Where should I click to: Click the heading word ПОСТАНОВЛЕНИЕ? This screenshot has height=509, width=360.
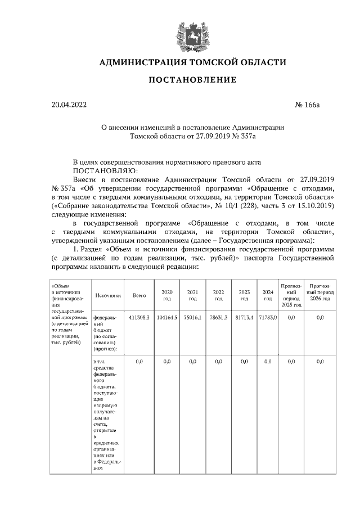point(192,80)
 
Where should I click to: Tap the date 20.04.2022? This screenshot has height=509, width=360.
point(66,105)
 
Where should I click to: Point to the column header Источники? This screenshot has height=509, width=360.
point(108,295)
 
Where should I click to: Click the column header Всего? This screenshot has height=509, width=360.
point(139,295)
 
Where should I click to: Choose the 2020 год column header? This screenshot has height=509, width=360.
point(166,295)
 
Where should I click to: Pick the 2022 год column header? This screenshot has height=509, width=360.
point(218,295)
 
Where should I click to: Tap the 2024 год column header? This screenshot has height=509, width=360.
point(268,295)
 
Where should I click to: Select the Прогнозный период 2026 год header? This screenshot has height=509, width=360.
point(320,295)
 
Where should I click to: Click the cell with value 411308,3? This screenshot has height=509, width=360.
point(139,318)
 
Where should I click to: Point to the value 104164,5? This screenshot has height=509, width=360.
point(166,318)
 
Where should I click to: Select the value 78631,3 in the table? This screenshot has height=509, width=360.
point(218,318)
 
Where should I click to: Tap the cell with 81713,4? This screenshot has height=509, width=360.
point(244,318)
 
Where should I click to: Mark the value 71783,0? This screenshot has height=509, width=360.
point(268,318)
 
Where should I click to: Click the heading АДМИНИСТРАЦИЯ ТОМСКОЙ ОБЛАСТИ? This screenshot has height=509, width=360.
point(192,62)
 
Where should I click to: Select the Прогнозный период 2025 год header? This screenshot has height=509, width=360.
point(291,295)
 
